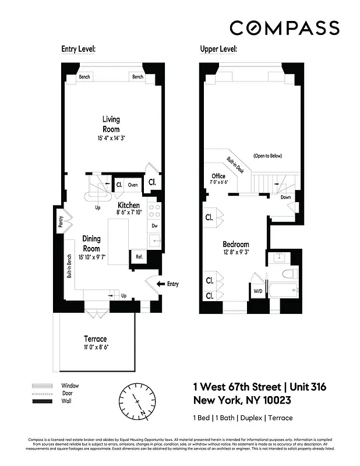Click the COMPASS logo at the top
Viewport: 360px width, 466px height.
(x=284, y=27)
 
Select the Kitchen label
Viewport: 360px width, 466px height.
(x=129, y=206)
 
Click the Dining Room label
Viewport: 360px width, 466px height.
(x=91, y=243)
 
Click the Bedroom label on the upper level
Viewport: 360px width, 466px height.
(x=236, y=244)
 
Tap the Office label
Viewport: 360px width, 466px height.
(x=218, y=176)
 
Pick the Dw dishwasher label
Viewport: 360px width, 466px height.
(x=154, y=225)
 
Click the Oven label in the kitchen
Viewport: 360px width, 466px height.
(x=133, y=185)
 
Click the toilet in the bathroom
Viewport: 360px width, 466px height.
(x=286, y=274)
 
